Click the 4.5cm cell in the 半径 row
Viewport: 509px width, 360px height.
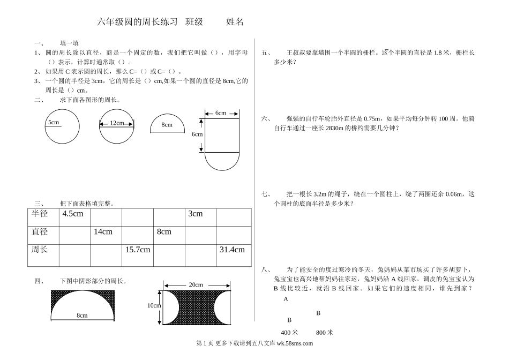(73, 214)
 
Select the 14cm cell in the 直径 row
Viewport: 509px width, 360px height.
(103, 232)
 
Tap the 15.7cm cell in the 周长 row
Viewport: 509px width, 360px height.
(138, 250)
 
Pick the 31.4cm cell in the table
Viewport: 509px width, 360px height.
(232, 250)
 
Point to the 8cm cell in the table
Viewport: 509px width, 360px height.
(164, 232)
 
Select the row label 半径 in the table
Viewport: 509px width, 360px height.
(40, 214)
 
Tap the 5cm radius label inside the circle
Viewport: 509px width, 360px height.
(54, 122)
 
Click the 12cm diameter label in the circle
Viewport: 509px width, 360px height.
(117, 123)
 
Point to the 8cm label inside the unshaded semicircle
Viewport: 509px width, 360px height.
(167, 125)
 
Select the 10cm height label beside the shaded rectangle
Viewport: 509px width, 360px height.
(154, 305)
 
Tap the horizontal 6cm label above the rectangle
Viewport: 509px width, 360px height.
(221, 113)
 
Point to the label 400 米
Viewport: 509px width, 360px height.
(289, 332)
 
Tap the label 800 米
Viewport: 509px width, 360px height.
(325, 332)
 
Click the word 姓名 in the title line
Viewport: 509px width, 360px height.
(235, 22)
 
